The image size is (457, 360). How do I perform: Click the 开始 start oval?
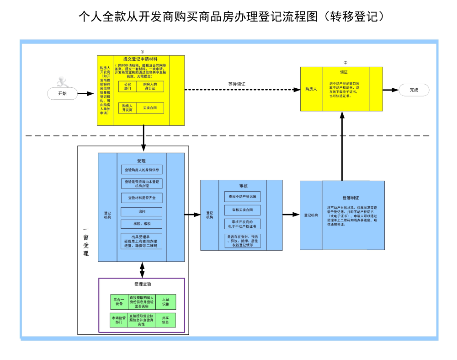click(62, 93)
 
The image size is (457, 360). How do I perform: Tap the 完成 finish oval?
click(414, 90)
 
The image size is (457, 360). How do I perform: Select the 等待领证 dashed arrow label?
click(237, 84)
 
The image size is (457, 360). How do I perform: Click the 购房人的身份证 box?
click(150, 86)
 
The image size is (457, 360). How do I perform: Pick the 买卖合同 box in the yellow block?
click(150, 108)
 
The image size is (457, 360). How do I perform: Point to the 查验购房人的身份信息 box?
click(142, 170)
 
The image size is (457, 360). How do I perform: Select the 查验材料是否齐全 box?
click(142, 198)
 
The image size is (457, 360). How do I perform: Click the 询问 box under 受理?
click(142, 212)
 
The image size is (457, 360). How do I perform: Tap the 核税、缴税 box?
click(142, 224)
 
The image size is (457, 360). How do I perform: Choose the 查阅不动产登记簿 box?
click(242, 197)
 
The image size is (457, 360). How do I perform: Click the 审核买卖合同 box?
click(242, 210)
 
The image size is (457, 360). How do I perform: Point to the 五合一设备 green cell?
click(119, 302)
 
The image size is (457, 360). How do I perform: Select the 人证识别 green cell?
click(165, 302)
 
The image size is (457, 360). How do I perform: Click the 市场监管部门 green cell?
click(119, 320)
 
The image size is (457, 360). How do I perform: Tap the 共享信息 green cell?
click(165, 320)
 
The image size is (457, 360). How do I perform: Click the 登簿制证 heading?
click(351, 198)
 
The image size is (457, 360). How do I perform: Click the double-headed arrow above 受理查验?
click(142, 269)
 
